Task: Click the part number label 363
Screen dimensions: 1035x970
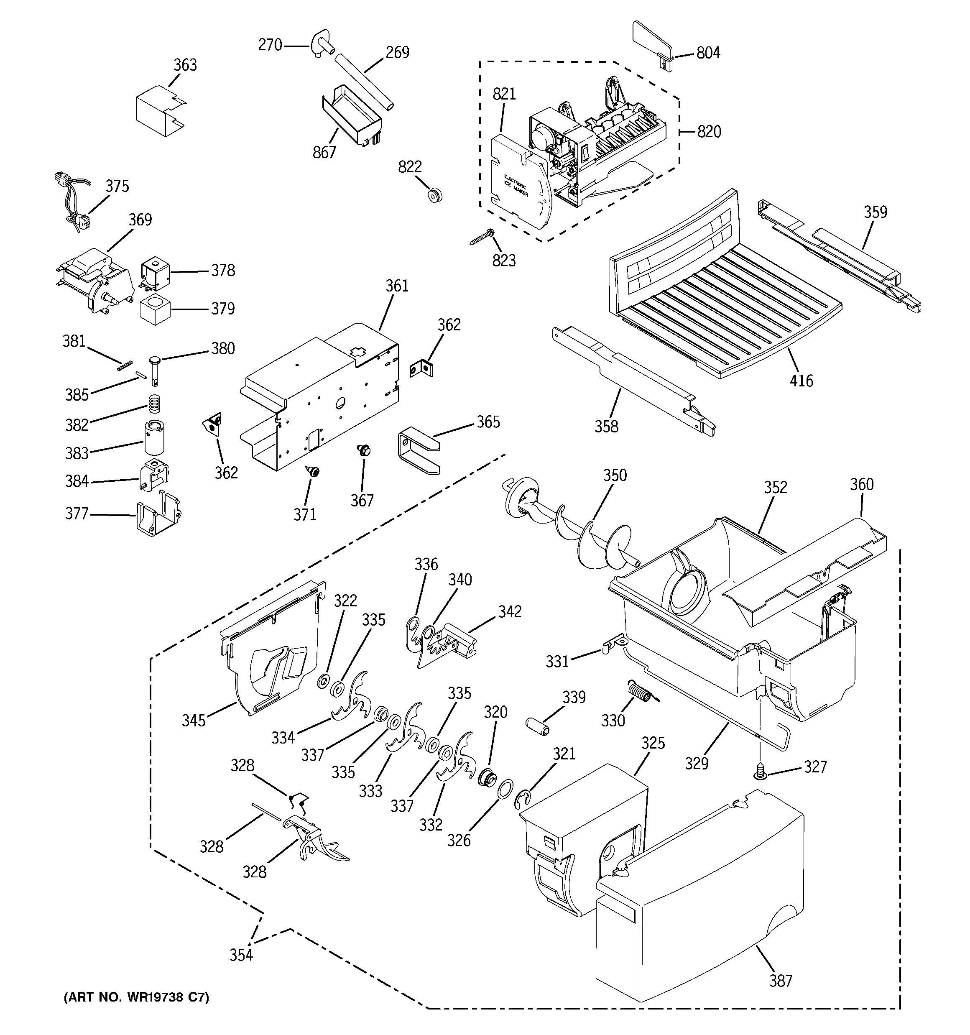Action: coord(185,65)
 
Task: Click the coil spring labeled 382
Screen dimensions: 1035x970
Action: coord(152,404)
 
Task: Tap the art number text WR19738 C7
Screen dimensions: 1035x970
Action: coord(136,997)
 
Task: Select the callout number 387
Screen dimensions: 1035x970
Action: coord(781,980)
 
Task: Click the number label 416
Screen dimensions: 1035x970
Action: coord(801,381)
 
